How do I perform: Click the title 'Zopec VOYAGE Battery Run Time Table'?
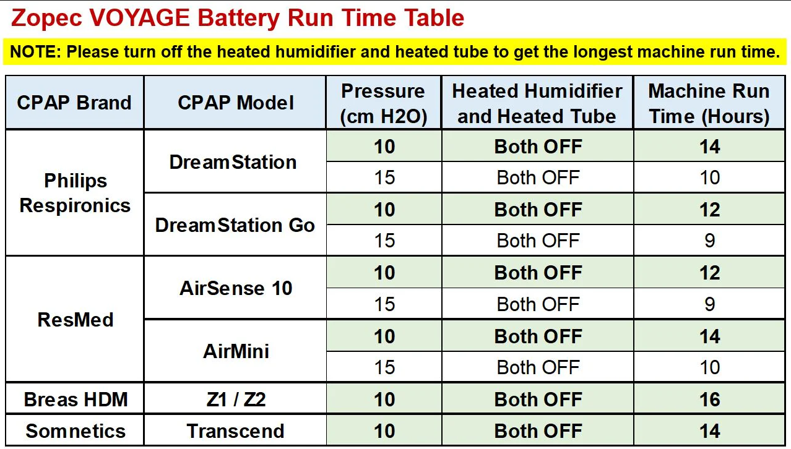[x=238, y=19]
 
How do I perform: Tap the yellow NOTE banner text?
[x=395, y=51]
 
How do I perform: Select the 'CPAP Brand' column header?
[x=74, y=103]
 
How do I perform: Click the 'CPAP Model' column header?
[x=235, y=103]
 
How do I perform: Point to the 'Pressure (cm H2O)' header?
[x=384, y=103]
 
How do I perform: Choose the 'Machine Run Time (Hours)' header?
[x=709, y=103]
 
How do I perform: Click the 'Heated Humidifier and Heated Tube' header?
[x=537, y=103]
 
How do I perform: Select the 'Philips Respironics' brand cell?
[x=75, y=193]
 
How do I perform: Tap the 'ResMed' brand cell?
[x=76, y=320]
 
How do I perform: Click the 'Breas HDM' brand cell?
[x=76, y=400]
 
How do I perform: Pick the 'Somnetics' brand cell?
[x=76, y=431]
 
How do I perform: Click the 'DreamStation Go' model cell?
[x=235, y=225]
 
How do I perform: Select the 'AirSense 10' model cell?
[x=236, y=288]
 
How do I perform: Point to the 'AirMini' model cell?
[x=236, y=351]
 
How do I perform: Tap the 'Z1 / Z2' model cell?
[x=236, y=400]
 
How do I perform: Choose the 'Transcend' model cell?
[x=236, y=431]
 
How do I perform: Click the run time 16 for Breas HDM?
[x=709, y=400]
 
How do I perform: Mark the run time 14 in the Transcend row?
[x=709, y=431]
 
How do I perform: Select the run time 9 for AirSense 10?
[x=709, y=304]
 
